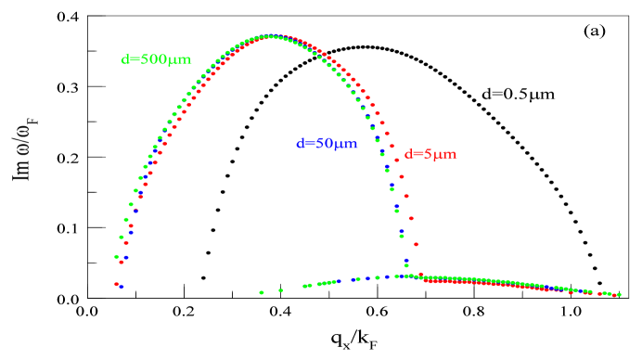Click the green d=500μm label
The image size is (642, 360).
(x=156, y=60)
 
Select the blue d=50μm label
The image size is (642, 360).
(x=327, y=144)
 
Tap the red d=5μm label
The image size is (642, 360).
(x=430, y=154)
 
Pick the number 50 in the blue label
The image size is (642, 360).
(x=324, y=144)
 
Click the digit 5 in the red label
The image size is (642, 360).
(x=430, y=154)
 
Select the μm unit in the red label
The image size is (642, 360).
(x=446, y=155)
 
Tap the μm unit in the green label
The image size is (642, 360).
(x=179, y=61)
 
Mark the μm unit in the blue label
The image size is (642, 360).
(x=345, y=145)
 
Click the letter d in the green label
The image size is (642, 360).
(x=125, y=60)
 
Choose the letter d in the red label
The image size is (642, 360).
(x=408, y=154)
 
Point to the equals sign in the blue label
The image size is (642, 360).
(x=309, y=145)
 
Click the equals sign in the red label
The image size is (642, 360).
(x=418, y=155)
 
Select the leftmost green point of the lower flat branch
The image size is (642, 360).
(x=262, y=292)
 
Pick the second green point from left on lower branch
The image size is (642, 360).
(x=280, y=289)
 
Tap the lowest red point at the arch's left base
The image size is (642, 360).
(x=116, y=284)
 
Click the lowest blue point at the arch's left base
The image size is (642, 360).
(x=121, y=287)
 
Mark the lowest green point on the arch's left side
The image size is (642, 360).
(x=116, y=256)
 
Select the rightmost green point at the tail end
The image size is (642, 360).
(x=618, y=294)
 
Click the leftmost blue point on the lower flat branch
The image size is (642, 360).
(x=338, y=280)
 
